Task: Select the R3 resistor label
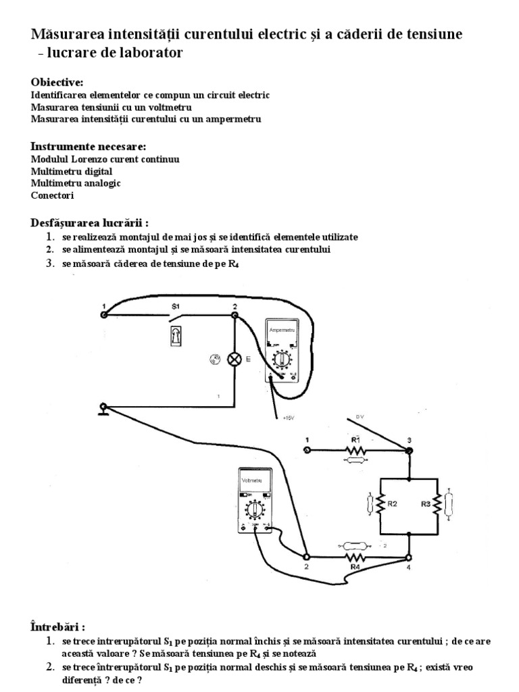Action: tap(426, 503)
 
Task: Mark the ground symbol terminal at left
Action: tap(103, 407)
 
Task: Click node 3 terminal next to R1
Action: tap(409, 449)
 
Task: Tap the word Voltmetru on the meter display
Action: tap(251, 480)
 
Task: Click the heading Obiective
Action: tap(57, 82)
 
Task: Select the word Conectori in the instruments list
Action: tap(53, 195)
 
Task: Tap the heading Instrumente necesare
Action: tap(89, 147)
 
